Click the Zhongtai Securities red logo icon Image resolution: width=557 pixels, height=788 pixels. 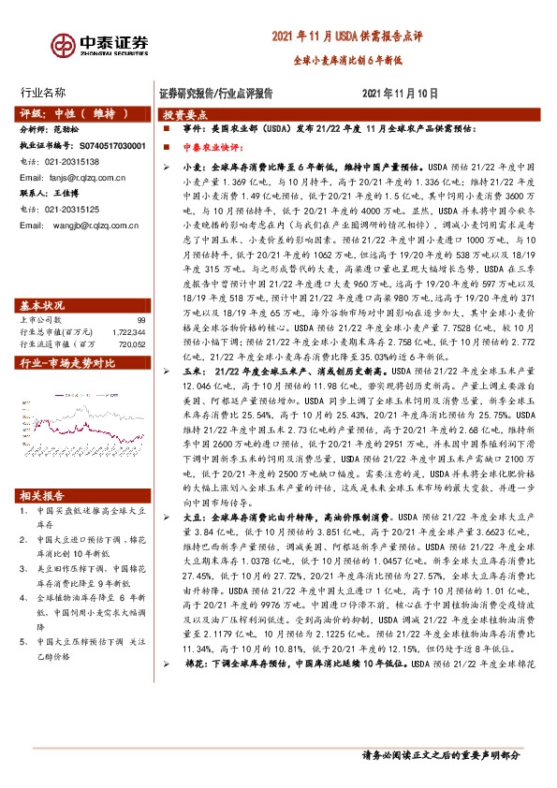65,45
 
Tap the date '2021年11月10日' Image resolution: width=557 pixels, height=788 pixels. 400,94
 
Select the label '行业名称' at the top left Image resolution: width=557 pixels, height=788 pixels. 43,93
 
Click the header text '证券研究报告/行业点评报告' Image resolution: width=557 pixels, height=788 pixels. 216,94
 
